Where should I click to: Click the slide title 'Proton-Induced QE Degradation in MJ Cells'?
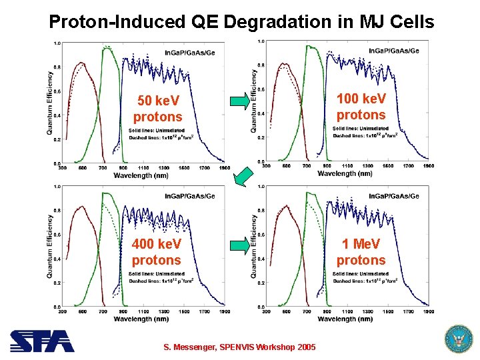[x=241, y=22]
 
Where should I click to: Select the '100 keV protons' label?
[x=361, y=107]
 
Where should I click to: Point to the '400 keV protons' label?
[x=156, y=252]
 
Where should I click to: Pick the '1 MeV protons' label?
[x=361, y=252]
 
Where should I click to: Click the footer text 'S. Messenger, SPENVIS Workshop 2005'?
[x=240, y=347]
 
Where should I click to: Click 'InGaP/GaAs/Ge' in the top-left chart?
[x=190, y=53]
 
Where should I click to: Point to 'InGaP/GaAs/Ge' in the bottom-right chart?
[x=394, y=196]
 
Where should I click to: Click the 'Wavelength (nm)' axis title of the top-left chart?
[x=141, y=175]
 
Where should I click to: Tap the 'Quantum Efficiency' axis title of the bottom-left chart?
[x=50, y=246]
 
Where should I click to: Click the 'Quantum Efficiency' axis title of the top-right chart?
[x=254, y=101]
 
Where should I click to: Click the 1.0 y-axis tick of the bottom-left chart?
[x=57, y=187]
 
